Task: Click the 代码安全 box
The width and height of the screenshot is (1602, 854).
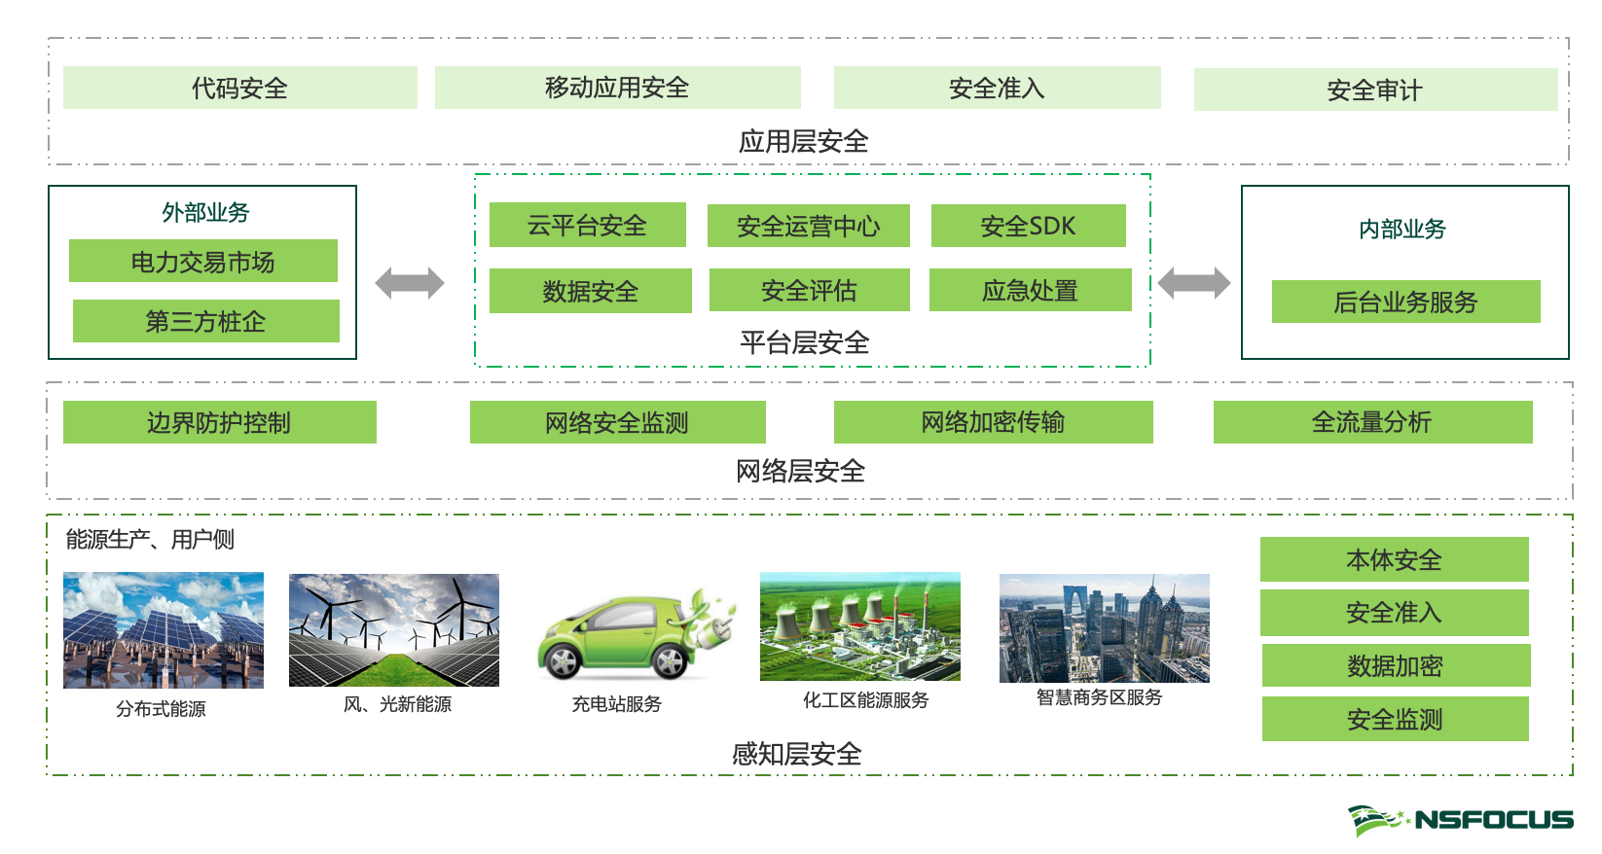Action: pyautogui.click(x=239, y=89)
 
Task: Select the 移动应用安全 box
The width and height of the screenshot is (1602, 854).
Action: pyautogui.click(x=617, y=89)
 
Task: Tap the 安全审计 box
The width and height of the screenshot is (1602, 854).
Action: pyautogui.click(x=1374, y=90)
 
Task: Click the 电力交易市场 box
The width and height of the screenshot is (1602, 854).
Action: pyautogui.click(x=202, y=262)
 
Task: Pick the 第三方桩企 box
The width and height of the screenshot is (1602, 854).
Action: pyautogui.click(x=205, y=321)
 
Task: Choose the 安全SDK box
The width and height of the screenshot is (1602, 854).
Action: pyautogui.click(x=1028, y=226)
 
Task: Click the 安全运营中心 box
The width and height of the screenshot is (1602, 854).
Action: pyautogui.click(x=808, y=226)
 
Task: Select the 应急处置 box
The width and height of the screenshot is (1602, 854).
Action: pyautogui.click(x=1030, y=290)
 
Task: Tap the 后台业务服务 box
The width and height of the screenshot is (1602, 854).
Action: pyautogui.click(x=1405, y=302)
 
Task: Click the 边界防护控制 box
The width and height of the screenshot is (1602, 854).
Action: pyautogui.click(x=219, y=422)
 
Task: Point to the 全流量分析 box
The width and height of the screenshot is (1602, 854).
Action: pyautogui.click(x=1372, y=422)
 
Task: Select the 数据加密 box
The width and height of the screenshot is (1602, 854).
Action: pyautogui.click(x=1395, y=665)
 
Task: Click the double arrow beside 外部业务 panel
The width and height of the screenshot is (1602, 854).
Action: pyautogui.click(x=410, y=283)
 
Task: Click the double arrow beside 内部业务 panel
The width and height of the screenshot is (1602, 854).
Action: pyautogui.click(x=1194, y=283)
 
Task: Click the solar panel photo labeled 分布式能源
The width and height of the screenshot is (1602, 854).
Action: pyautogui.click(x=164, y=630)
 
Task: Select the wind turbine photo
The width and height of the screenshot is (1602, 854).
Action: pyautogui.click(x=394, y=630)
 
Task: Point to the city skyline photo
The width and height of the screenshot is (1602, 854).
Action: pyautogui.click(x=1104, y=628)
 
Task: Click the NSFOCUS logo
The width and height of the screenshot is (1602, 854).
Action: pyautogui.click(x=1460, y=820)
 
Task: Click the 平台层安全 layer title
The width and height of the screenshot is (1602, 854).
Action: pyautogui.click(x=804, y=342)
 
